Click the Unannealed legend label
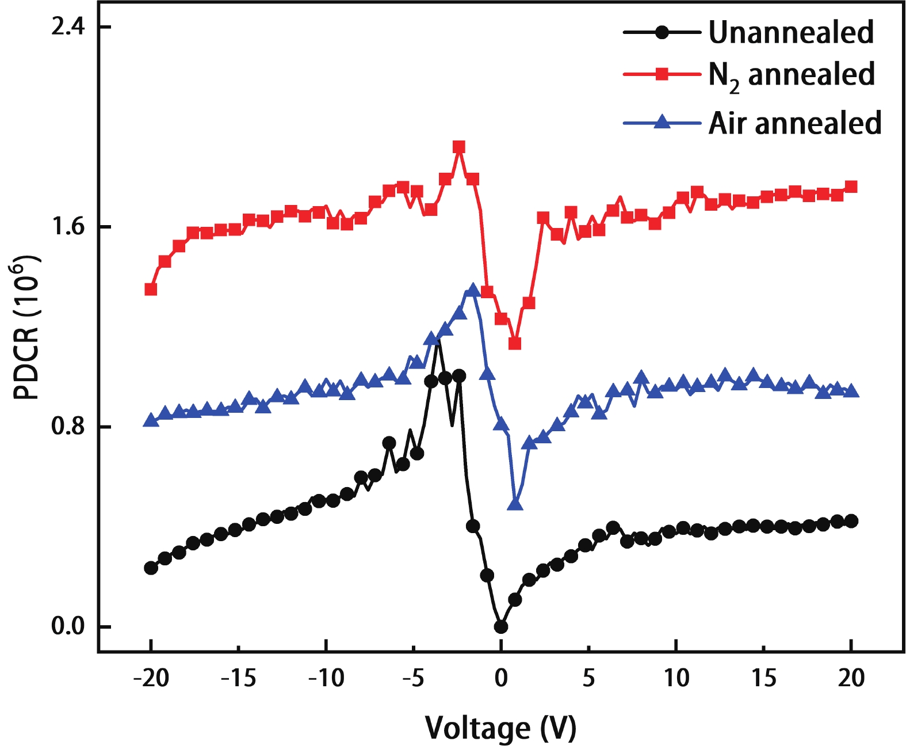coord(791,32)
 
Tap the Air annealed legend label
coord(794,123)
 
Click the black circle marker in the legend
coord(662,32)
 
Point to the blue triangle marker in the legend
coord(662,122)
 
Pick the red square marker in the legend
coord(662,74)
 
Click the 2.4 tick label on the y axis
coord(68,26)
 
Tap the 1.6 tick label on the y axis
coord(68,227)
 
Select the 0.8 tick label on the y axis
coord(68,427)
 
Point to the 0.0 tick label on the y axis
coord(68,626)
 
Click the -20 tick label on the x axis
coord(151,678)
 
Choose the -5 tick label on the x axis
coord(413,678)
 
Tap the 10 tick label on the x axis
coord(676,678)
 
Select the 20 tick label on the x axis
coord(851,678)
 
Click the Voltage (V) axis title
coord(500,728)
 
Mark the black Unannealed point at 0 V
coord(501,626)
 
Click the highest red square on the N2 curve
coord(459,147)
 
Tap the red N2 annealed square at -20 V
coord(151,289)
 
